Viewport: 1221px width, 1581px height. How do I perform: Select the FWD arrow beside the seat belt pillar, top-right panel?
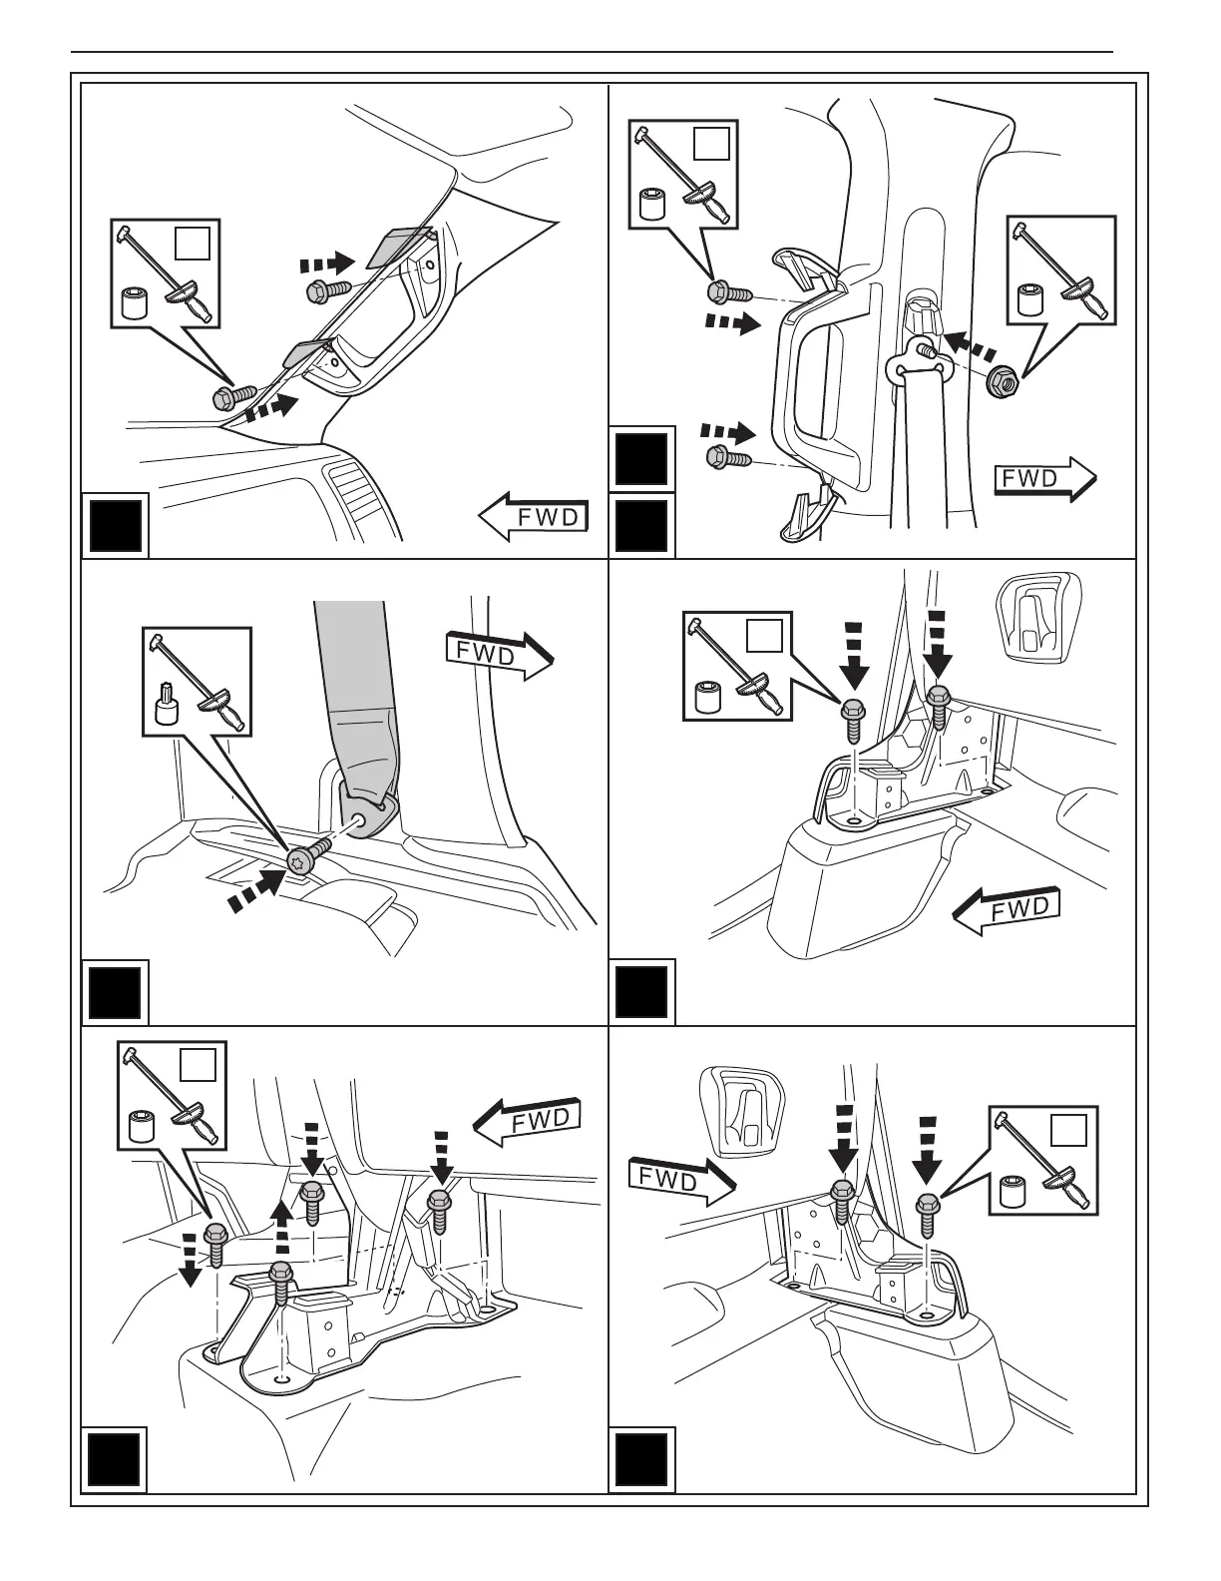(1044, 479)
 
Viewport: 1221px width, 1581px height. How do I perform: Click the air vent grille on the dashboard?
(356, 496)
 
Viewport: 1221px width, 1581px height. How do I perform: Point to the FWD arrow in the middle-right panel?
(1006, 910)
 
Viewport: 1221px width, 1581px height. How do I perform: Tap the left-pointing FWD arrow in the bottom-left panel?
(527, 1121)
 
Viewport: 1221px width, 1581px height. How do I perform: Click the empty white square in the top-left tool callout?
(192, 243)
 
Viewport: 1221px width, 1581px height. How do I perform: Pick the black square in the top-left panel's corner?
(116, 526)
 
